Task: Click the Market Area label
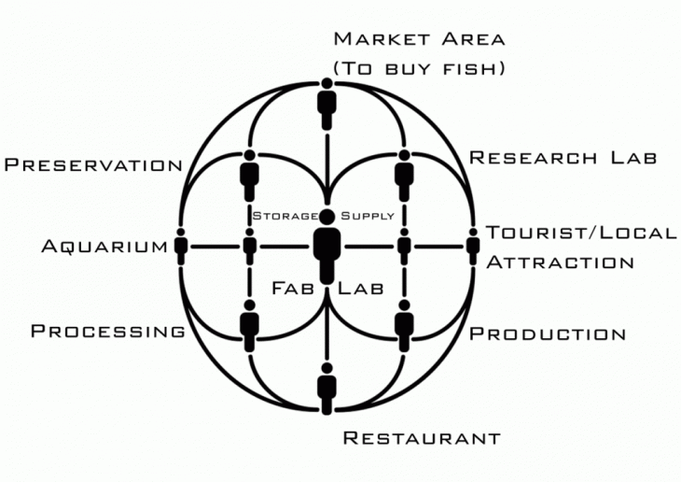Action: [x=419, y=39]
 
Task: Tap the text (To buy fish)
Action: [x=419, y=67]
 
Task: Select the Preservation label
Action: [x=93, y=165]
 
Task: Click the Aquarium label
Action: [x=104, y=247]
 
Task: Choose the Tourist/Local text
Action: [x=581, y=233]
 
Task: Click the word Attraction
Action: [x=560, y=262]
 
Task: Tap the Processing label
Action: [x=108, y=331]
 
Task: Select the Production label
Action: [x=547, y=333]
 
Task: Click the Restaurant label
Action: [x=422, y=437]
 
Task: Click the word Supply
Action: [x=368, y=216]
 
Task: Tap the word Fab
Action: [x=292, y=288]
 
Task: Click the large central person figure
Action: [x=327, y=247]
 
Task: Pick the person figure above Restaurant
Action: [x=327, y=389]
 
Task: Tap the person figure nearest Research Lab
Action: [x=404, y=172]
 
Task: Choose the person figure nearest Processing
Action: [x=249, y=324]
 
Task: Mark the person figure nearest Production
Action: [x=404, y=324]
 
